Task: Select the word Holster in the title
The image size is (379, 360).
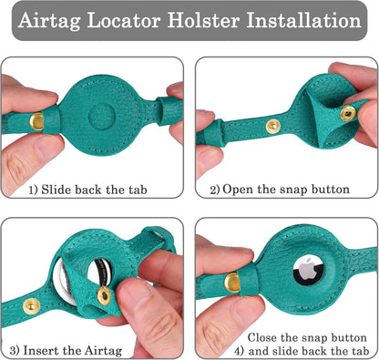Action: click(x=223, y=20)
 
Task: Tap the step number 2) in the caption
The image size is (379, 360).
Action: click(x=215, y=190)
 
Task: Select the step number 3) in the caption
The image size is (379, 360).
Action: click(x=15, y=348)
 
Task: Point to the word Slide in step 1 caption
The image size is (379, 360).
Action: click(x=63, y=190)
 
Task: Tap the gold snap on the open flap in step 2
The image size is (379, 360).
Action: click(x=347, y=112)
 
